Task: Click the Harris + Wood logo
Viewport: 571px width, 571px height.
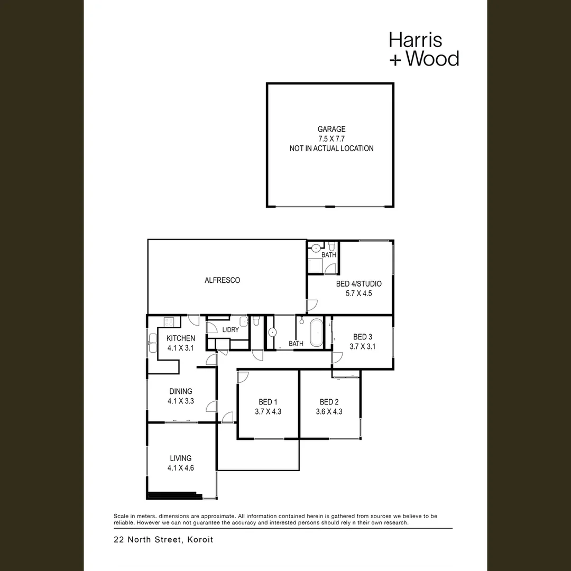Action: (423, 49)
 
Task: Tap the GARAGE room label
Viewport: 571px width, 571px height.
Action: (331, 129)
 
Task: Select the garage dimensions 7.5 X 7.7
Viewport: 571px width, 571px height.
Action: (331, 139)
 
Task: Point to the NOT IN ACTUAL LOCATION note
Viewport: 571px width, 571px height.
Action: (331, 149)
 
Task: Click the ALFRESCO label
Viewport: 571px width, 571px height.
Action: (222, 280)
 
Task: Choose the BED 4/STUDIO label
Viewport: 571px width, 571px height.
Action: (358, 284)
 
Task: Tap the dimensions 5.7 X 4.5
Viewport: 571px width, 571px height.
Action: (358, 293)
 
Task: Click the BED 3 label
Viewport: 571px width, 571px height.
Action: (363, 337)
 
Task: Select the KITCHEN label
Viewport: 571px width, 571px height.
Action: (181, 338)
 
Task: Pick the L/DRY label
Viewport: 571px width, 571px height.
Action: (231, 330)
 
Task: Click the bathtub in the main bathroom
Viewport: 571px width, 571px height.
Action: (316, 333)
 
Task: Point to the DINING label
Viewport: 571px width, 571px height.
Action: (181, 391)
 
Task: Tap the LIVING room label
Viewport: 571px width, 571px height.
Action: (181, 458)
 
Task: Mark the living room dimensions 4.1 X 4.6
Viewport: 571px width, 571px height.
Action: (181, 468)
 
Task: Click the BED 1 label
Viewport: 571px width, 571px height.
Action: (268, 402)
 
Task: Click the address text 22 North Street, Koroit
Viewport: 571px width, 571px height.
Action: (163, 540)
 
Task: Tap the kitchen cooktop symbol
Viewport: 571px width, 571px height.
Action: (170, 321)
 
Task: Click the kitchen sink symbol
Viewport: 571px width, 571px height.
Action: (152, 342)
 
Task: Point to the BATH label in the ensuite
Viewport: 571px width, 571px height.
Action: (329, 255)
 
